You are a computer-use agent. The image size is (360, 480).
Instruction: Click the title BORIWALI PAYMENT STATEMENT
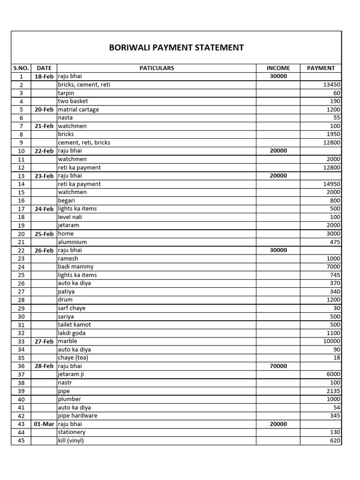[x=176, y=47]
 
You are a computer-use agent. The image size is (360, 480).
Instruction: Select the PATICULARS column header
[x=157, y=68]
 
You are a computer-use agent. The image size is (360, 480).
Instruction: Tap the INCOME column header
[x=278, y=68]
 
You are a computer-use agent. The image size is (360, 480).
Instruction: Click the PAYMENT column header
[x=321, y=68]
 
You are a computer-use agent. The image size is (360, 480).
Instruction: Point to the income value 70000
[x=278, y=366]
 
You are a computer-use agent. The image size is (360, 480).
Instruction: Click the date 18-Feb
[x=44, y=76]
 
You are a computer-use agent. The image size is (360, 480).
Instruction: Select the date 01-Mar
[x=44, y=424]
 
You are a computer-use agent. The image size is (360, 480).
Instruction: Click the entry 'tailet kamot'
[x=75, y=325]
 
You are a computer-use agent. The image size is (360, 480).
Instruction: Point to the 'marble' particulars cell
[x=67, y=341]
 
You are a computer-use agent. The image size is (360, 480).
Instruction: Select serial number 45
[x=21, y=441]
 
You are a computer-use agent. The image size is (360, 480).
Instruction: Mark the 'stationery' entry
[x=72, y=432]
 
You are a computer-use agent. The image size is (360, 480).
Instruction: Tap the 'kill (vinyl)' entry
[x=71, y=441]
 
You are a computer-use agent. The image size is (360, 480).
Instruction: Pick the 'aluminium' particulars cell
[x=72, y=242]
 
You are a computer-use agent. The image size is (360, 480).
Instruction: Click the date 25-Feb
[x=44, y=234]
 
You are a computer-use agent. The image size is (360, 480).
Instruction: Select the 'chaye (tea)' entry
[x=73, y=358]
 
